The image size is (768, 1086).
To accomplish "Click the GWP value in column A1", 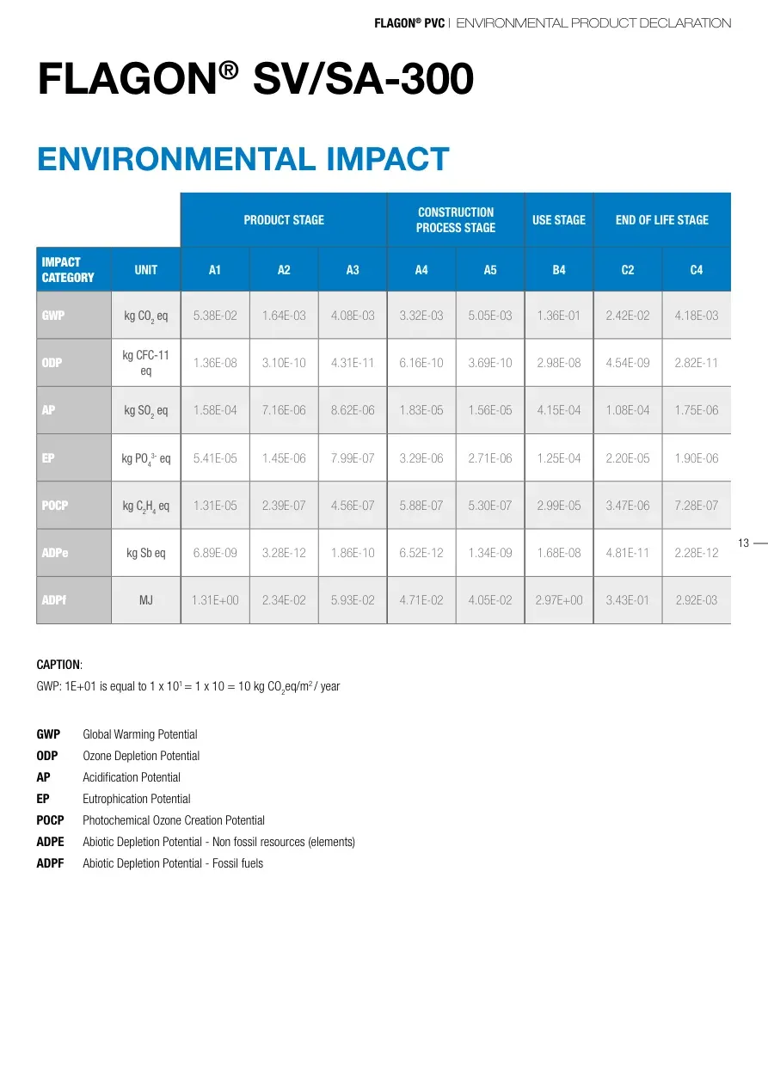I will coord(215,316).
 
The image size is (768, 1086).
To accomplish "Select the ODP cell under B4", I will coord(559,363).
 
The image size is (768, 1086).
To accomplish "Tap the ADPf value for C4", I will coord(697,600).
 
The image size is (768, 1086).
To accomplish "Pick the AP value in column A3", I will coord(353,410).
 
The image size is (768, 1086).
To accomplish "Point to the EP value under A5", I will coord(490,458).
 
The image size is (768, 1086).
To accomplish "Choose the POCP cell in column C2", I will coord(628,506).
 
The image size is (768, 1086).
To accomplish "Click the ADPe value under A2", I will coord(284,553).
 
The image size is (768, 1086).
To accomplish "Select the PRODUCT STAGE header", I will coord(284,220).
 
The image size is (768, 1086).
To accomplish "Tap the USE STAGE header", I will coord(559,220).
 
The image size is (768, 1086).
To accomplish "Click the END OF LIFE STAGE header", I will coord(662,220).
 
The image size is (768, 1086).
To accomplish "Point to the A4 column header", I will coord(421,270).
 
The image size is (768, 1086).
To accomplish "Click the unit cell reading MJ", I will coord(146,600).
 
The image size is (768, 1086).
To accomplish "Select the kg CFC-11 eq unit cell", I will coord(146,363).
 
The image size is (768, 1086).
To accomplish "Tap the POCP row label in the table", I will coord(53,506).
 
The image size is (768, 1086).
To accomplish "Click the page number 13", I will coord(744,543).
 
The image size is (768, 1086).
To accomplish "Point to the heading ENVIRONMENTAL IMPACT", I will coord(243,159).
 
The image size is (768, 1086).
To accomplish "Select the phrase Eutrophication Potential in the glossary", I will coord(136,799).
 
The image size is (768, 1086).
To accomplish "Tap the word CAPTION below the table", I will coord(58,665).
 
